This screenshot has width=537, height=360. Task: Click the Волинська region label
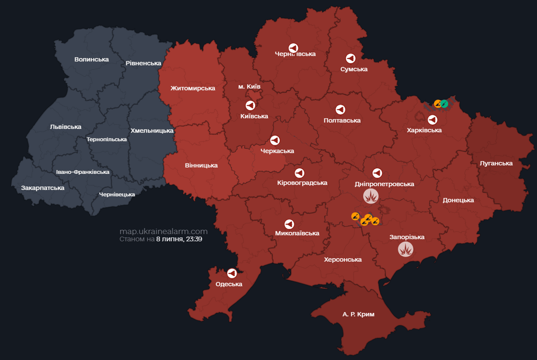point(91,60)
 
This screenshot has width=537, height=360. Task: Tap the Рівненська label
point(143,63)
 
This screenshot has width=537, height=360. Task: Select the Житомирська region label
point(193,88)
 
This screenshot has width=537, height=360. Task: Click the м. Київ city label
point(249,87)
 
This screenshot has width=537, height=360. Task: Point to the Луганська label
point(496,164)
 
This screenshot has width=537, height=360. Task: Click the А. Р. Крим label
point(358,314)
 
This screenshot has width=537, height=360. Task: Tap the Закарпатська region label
point(43,188)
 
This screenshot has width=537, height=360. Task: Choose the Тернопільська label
point(107,139)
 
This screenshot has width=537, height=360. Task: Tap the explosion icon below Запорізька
point(406,249)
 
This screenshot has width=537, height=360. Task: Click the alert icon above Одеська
point(231,273)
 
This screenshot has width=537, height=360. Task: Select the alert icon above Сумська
point(351,59)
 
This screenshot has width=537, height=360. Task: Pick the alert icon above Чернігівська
point(293,48)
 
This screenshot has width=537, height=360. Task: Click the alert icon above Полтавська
point(341,110)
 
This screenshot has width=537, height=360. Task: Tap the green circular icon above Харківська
point(444,104)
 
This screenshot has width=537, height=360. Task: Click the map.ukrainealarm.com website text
point(164,232)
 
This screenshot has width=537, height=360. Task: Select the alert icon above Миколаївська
point(290,224)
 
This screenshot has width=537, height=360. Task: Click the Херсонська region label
point(343,259)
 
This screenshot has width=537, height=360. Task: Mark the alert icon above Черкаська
point(275,140)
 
